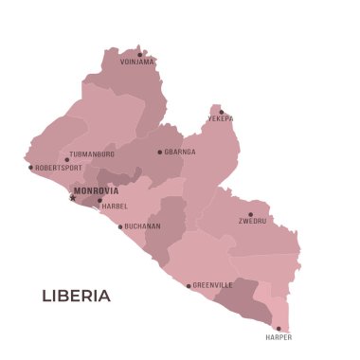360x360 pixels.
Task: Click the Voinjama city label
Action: point(137,63)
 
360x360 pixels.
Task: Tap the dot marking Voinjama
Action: point(140,54)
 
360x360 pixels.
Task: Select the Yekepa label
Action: point(221,120)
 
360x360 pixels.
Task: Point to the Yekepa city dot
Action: point(222,112)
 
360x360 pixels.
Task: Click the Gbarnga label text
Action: point(180,152)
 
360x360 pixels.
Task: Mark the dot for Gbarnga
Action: point(160,152)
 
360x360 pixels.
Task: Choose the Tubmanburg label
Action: point(92,153)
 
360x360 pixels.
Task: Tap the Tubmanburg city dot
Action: point(66,159)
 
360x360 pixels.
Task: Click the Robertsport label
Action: point(59,168)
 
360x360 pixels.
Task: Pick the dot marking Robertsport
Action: point(30,168)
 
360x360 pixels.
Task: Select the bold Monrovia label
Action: point(96,190)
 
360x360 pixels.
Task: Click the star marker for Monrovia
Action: point(72,198)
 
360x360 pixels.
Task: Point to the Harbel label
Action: point(115,206)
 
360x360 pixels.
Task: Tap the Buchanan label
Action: point(142,226)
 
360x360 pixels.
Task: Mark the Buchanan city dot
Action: point(120,226)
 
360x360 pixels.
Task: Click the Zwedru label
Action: point(252,222)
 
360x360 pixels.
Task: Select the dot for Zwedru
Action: point(251,214)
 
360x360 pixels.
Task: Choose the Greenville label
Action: point(213,284)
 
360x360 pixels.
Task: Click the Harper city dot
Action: point(279,329)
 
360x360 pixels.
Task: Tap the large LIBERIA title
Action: point(76,296)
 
